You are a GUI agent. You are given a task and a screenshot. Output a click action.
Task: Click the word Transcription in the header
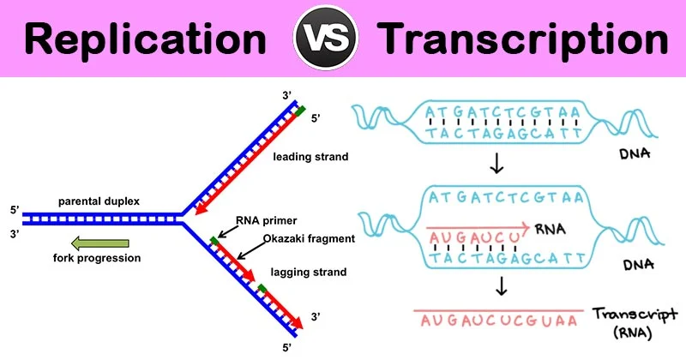click(x=523, y=39)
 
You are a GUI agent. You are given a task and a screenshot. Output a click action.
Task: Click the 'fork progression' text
click(x=97, y=258)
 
